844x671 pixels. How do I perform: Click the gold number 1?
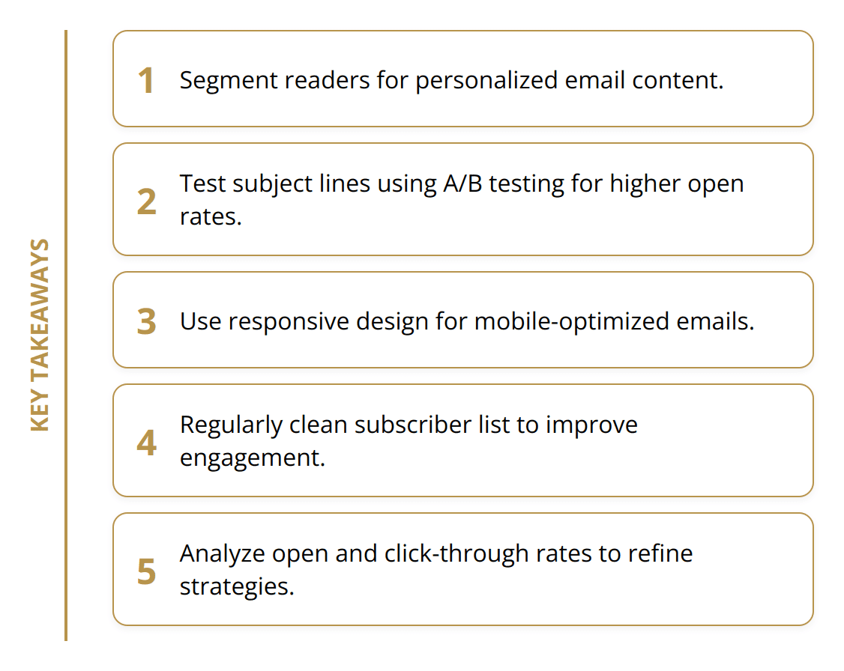(146, 81)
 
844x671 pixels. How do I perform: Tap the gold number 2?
(146, 202)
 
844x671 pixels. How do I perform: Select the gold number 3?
(146, 322)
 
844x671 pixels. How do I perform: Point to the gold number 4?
(146, 443)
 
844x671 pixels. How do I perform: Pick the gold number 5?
(146, 572)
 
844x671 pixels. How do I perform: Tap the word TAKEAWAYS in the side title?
(40, 311)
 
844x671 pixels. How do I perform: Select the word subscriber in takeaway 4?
(413, 425)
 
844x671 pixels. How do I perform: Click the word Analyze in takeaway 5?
(222, 553)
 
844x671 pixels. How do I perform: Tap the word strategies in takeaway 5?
(236, 586)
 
